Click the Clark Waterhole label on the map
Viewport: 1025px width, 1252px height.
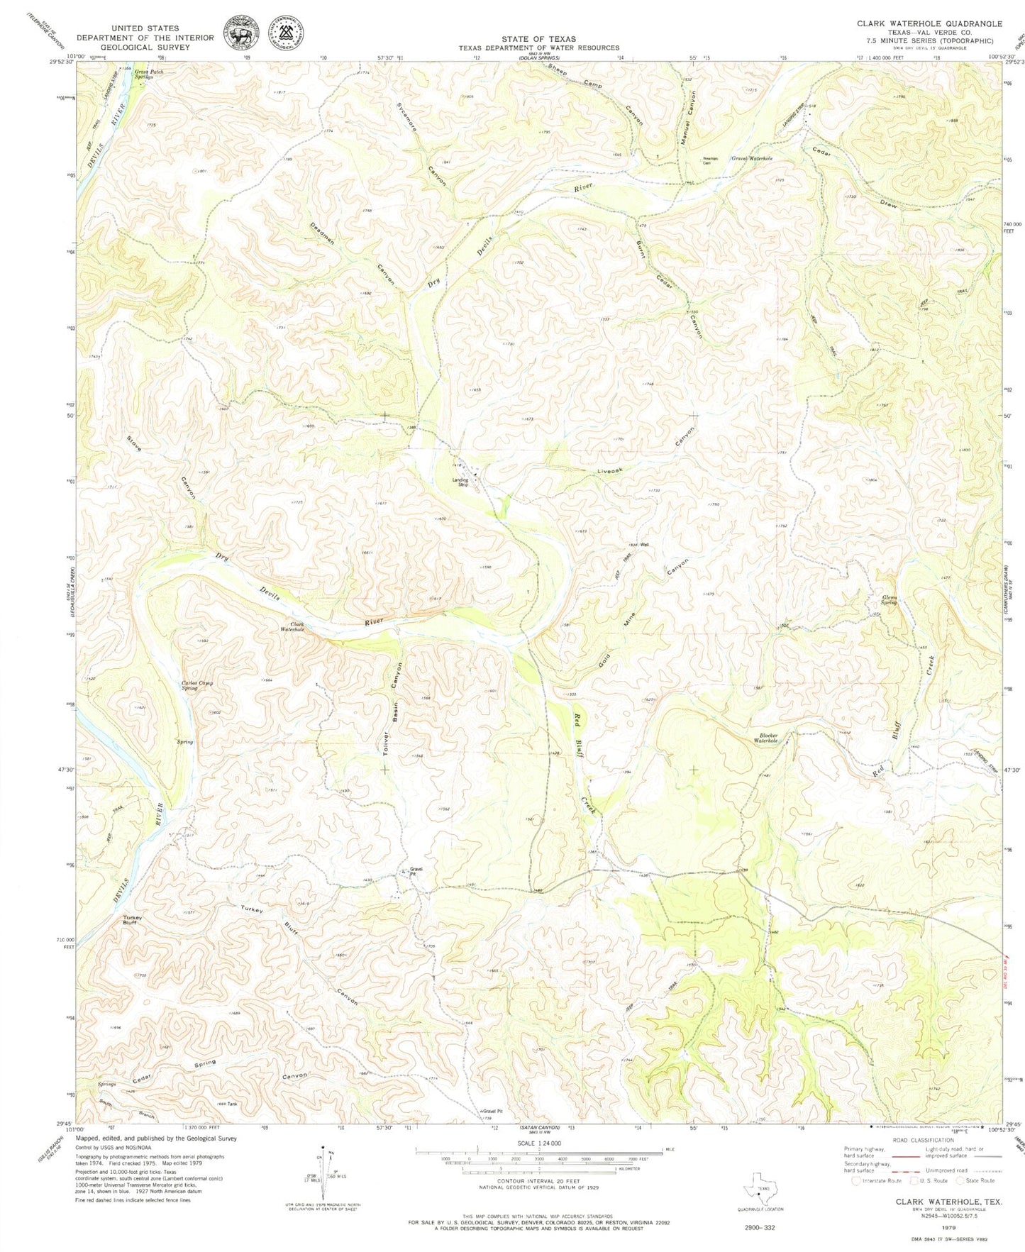293,627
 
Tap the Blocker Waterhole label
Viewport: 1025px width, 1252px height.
765,738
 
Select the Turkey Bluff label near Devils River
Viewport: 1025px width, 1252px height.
133,920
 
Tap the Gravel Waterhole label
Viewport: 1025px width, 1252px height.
752,158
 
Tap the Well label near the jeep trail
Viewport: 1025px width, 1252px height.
644,545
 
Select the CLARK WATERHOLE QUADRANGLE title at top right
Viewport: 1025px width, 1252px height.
929,23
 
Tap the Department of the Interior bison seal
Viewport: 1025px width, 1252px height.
242,33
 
